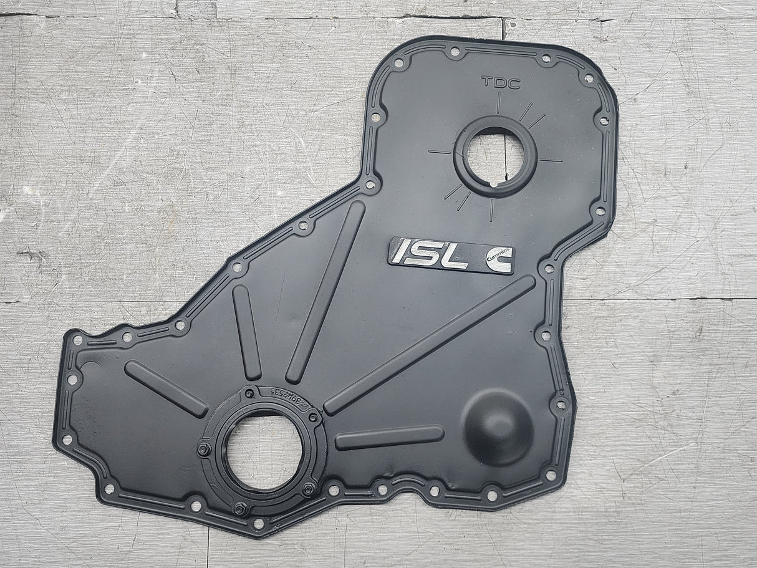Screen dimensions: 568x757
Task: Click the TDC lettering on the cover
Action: [500, 82]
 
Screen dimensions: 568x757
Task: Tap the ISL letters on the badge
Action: [429, 253]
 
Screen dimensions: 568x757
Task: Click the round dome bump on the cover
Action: [497, 426]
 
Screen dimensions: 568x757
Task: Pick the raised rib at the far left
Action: [165, 388]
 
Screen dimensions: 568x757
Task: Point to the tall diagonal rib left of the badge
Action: [326, 291]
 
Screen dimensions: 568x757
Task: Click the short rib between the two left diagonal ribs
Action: [247, 332]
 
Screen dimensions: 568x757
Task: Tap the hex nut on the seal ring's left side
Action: [204, 449]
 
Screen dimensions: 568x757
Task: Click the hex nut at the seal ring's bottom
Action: [241, 508]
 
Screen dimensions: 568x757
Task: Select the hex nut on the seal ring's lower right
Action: [308, 488]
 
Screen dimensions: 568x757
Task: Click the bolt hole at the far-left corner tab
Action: [78, 340]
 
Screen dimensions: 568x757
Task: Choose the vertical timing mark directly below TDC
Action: [498, 103]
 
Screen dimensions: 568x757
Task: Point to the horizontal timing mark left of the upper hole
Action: [440, 152]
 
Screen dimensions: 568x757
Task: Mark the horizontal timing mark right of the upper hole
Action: [550, 160]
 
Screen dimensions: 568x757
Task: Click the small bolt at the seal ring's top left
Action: [249, 394]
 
